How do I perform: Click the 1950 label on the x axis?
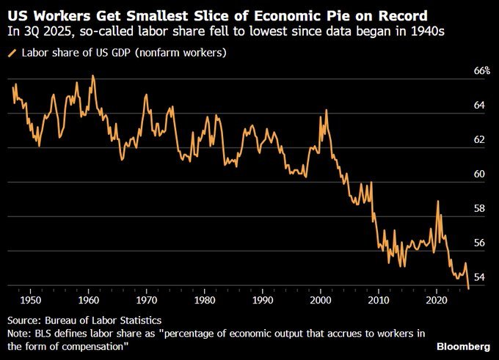coord(30,301)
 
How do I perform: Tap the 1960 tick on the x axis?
coord(88,301)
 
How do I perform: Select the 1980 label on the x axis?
coord(205,301)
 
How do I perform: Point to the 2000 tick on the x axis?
coord(321,301)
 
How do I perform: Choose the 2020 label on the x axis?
coord(437,301)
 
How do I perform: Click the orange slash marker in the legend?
coord(12,54)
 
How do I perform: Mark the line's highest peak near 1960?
coord(92,76)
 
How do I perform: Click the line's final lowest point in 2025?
coord(468,289)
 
